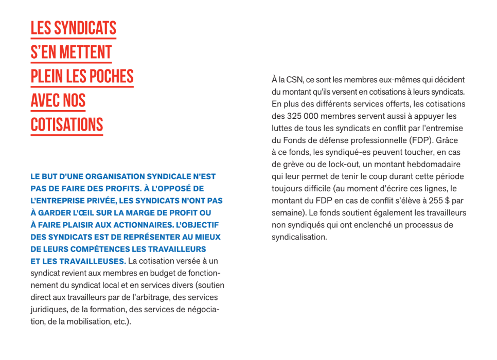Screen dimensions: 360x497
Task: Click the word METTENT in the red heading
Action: click(x=84, y=52)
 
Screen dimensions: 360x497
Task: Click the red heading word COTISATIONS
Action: click(x=67, y=125)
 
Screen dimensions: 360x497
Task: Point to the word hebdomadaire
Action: click(x=436, y=165)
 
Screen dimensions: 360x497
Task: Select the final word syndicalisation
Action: click(x=299, y=237)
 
